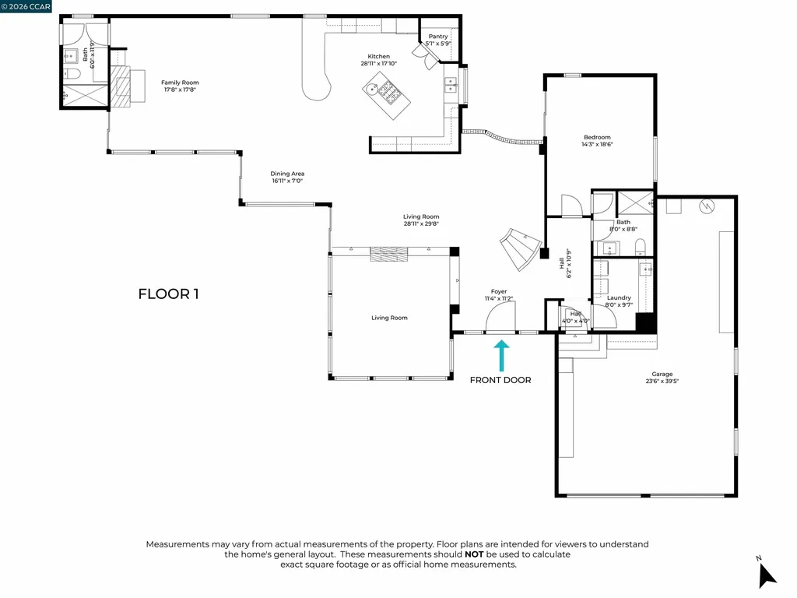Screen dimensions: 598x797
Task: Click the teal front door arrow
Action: (500, 355)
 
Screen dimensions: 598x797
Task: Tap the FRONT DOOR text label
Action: (500, 380)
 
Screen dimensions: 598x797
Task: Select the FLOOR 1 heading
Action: (169, 294)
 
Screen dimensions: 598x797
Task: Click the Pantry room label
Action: (438, 36)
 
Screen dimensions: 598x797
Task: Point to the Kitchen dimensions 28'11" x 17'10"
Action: (379, 64)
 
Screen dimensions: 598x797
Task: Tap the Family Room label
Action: (180, 83)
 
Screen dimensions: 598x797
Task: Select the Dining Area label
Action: (287, 174)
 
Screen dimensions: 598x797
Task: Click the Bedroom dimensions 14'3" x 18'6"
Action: (597, 144)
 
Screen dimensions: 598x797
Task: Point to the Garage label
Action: (662, 374)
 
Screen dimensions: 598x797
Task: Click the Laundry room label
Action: (619, 297)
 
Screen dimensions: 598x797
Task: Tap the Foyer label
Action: (498, 291)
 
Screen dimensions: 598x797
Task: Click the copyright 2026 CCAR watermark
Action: (26, 6)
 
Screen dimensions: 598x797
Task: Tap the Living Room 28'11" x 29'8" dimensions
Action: (421, 223)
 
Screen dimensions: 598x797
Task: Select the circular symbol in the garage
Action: (707, 206)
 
